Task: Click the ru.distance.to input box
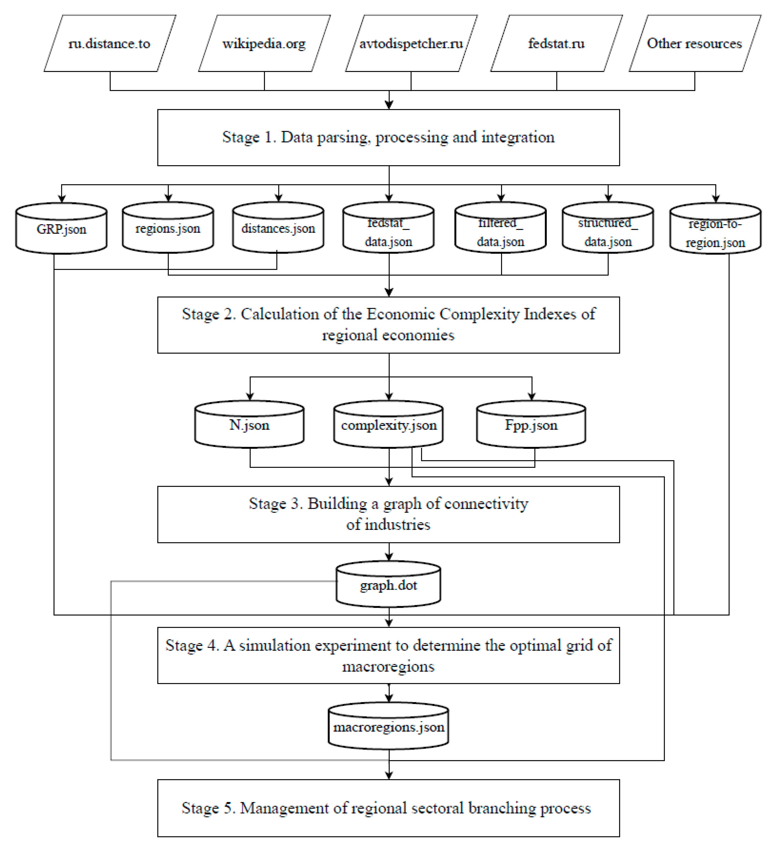click(109, 43)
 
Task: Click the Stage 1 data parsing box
click(388, 137)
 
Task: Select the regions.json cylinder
click(168, 228)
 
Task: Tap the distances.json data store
click(278, 228)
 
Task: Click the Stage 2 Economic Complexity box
click(388, 325)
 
